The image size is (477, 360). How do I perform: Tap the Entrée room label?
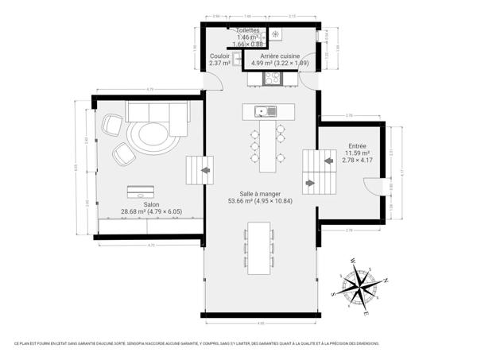357,146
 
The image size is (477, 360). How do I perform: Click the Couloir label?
219,56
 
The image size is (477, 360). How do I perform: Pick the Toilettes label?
246,30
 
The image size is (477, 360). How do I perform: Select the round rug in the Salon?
153,137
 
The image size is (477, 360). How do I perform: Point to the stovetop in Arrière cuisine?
273,78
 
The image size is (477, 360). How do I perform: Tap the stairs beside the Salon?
199,170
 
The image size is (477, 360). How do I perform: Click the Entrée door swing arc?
370,187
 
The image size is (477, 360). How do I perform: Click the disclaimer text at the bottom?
196,343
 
